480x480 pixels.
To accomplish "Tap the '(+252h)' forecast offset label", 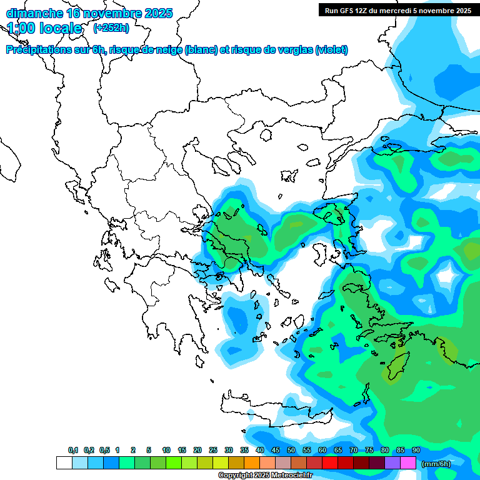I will coord(111,27).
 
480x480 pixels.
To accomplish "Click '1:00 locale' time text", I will coord(44,28).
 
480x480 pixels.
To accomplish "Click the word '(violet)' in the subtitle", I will coord(332,50).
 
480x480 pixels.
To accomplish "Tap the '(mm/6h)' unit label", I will coord(436,463).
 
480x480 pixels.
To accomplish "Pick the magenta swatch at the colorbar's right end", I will coord(408,463).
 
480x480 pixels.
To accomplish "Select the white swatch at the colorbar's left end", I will coord(64,463).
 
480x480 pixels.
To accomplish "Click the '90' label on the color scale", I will coord(416,450).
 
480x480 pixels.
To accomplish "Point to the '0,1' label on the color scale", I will coord(72,450).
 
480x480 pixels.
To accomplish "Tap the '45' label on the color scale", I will coord(276,450).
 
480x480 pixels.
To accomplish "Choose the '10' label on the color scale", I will coord(166,450).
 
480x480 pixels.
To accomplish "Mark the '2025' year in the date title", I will coord(159,13).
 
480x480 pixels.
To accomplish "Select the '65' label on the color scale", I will coord(338,450).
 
